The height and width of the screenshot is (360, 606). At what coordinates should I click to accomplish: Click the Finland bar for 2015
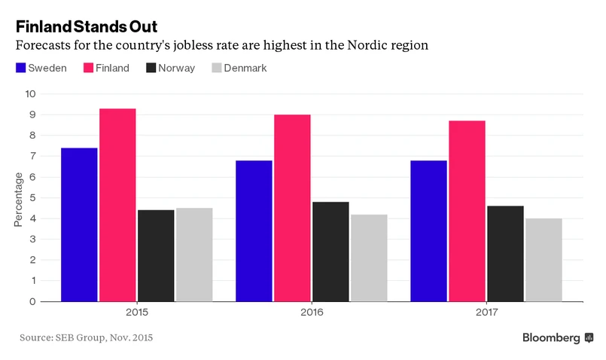click(x=117, y=205)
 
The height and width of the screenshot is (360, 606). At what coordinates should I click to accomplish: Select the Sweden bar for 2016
click(x=254, y=230)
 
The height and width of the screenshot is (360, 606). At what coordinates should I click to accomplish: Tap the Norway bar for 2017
click(x=505, y=253)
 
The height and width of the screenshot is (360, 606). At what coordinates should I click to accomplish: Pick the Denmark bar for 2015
click(x=194, y=255)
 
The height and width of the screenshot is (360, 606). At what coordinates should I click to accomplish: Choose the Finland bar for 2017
click(x=467, y=211)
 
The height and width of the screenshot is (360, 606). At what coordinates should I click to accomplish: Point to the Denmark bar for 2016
click(x=369, y=258)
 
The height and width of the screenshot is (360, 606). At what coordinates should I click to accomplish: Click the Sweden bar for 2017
click(x=428, y=230)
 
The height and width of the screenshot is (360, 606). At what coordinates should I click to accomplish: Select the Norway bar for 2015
click(x=156, y=255)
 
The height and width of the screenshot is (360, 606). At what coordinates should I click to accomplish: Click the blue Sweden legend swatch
click(x=20, y=68)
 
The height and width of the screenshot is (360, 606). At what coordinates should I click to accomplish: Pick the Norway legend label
click(x=177, y=68)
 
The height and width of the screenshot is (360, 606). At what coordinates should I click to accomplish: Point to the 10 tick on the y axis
click(x=30, y=94)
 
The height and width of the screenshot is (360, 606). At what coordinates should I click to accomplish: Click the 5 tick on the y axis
click(x=32, y=198)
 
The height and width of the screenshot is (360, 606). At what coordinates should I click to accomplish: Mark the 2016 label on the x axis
click(x=311, y=311)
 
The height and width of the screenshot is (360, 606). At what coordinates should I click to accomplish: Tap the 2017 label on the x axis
click(x=486, y=311)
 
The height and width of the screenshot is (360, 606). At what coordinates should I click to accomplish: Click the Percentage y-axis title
click(x=19, y=198)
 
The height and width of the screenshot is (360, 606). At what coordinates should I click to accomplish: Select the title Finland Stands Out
click(x=87, y=27)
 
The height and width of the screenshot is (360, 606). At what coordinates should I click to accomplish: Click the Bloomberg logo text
click(x=551, y=337)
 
